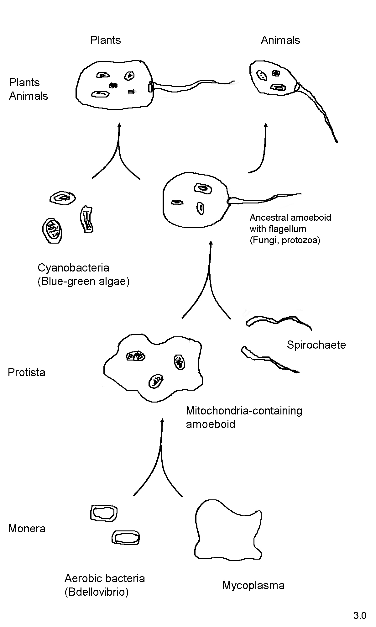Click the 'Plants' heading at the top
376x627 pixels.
[x=106, y=40]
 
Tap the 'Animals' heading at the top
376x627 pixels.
[x=280, y=40]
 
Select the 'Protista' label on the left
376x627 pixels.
[x=27, y=372]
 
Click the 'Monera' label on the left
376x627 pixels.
[x=27, y=529]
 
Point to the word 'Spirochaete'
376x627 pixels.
[x=316, y=345]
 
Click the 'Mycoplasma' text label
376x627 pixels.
[x=253, y=585]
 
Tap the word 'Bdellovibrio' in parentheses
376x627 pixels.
[x=97, y=592]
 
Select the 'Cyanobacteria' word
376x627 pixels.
[x=73, y=268]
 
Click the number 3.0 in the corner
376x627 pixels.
[x=360, y=616]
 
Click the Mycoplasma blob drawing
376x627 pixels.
[x=227, y=530]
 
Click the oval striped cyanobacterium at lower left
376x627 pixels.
[x=52, y=231]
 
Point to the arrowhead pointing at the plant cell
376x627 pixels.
[x=119, y=125]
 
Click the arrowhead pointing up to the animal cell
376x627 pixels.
[x=266, y=125]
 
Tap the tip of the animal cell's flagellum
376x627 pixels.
[x=337, y=142]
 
